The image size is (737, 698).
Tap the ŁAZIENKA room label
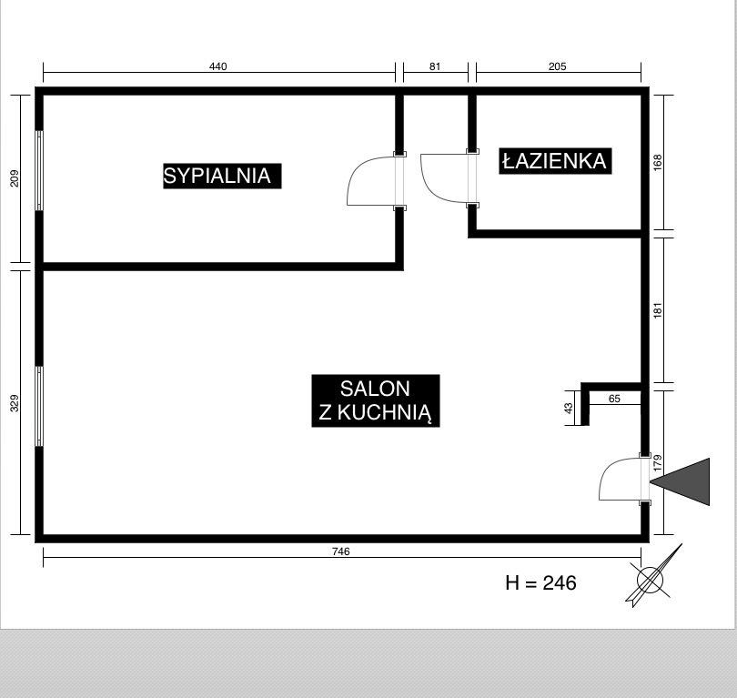pyautogui.click(x=555, y=161)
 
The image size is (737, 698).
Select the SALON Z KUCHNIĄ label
pyautogui.click(x=376, y=400)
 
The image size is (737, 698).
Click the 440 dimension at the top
pyautogui.click(x=218, y=66)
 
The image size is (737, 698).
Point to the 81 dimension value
pyautogui.click(x=435, y=66)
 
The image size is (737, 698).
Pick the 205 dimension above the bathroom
pyautogui.click(x=558, y=66)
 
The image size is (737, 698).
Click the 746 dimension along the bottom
pyautogui.click(x=341, y=551)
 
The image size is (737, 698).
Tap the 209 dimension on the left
pyautogui.click(x=15, y=178)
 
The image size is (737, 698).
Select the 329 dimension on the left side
pyautogui.click(x=15, y=403)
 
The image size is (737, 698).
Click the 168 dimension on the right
pyautogui.click(x=658, y=163)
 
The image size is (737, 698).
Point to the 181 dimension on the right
pyautogui.click(x=658, y=310)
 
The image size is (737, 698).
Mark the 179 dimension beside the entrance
pyautogui.click(x=658, y=463)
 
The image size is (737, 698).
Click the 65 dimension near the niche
pyautogui.click(x=614, y=399)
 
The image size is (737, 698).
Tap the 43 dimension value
pyautogui.click(x=570, y=408)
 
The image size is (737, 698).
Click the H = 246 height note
pyautogui.click(x=541, y=582)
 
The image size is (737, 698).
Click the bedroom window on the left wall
pyautogui.click(x=39, y=170)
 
